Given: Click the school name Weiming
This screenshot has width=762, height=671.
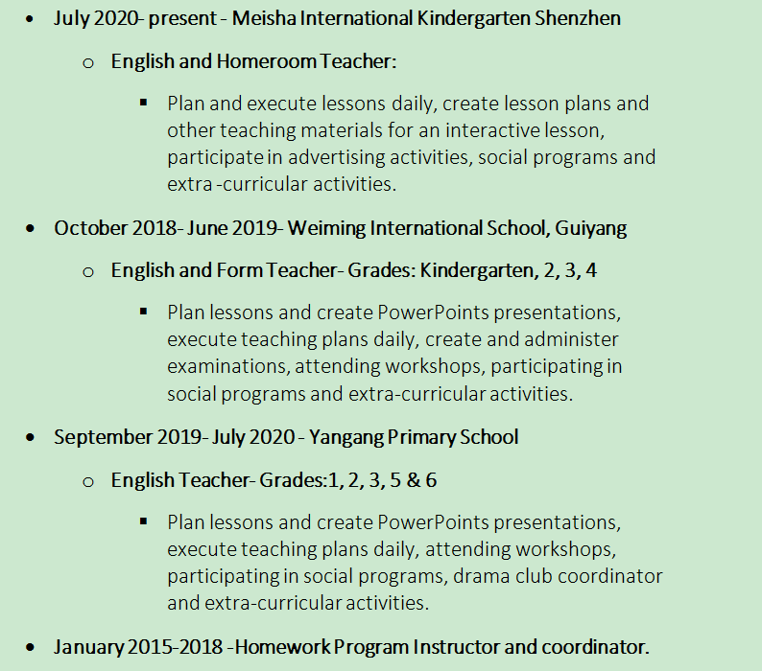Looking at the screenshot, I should click(326, 228).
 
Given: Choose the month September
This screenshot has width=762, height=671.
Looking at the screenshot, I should click(102, 437).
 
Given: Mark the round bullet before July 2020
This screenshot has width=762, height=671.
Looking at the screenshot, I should click(34, 19).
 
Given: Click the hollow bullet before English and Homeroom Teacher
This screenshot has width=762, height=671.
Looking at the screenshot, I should click(89, 62).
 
